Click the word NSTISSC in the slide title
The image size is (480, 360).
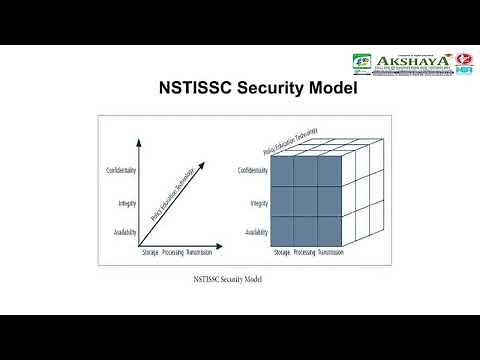(x=192, y=86)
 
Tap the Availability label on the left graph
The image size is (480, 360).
(x=122, y=232)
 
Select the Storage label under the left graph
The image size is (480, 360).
(x=151, y=253)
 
